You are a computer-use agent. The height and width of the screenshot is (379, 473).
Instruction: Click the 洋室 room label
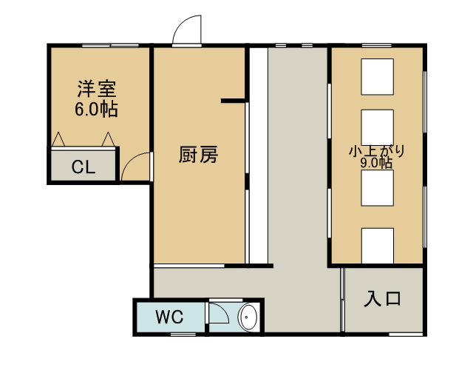pyautogui.click(x=97, y=89)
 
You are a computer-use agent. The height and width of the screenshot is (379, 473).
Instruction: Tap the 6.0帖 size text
pyautogui.click(x=96, y=109)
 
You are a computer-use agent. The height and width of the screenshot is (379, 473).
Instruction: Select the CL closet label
pyautogui.click(x=84, y=167)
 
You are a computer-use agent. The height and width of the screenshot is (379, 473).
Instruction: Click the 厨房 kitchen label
pyautogui.click(x=198, y=155)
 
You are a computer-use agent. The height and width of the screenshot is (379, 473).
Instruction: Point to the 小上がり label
pyautogui.click(x=377, y=152)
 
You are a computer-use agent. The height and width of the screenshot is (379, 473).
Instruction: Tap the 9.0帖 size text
pyautogui.click(x=376, y=163)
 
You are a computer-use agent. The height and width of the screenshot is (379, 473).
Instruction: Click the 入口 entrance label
pyautogui.click(x=383, y=298)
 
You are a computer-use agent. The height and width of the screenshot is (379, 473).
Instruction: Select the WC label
pyautogui.click(x=169, y=317)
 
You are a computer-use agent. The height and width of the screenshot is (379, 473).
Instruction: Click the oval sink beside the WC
pyautogui.click(x=248, y=318)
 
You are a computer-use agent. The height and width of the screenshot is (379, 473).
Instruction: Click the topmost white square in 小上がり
pyautogui.click(x=378, y=77)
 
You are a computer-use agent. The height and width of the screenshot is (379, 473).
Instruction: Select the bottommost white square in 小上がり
pyautogui.click(x=378, y=246)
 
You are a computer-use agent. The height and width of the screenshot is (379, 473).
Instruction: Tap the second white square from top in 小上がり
pyautogui.click(x=378, y=128)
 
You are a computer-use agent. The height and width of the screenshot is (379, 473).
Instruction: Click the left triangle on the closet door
pyautogui.click(x=58, y=140)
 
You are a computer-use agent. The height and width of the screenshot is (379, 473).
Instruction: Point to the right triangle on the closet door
pyautogui.click(x=108, y=140)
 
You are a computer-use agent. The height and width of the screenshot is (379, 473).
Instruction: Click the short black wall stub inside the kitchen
pyautogui.click(x=234, y=101)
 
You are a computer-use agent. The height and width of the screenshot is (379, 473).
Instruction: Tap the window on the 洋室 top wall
pyautogui.click(x=110, y=46)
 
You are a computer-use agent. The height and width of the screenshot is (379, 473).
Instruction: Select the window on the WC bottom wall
pyautogui.click(x=183, y=335)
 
